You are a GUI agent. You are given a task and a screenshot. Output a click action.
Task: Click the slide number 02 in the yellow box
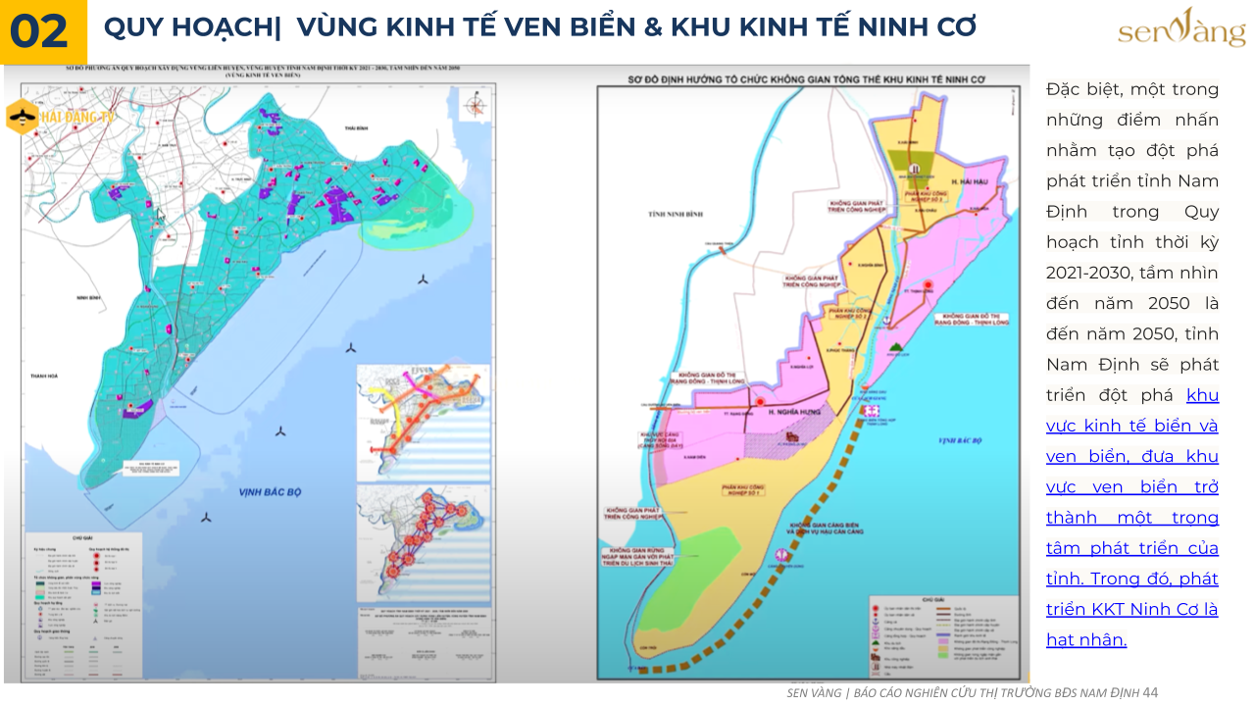click(39, 31)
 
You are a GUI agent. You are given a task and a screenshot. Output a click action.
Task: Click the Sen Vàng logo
click(1181, 29)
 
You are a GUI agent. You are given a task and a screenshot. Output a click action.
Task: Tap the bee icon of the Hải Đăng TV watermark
click(22, 118)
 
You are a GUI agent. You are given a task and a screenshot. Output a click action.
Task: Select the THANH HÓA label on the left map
click(45, 376)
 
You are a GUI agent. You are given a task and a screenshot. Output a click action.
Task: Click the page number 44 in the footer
click(1150, 692)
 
